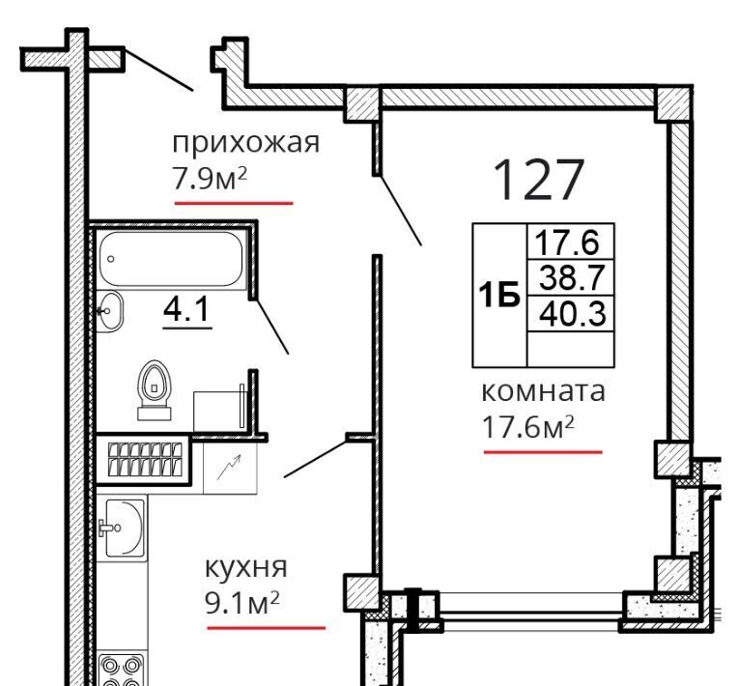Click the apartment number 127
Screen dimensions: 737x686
click(x=539, y=179)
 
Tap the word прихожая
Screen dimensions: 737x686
click(x=245, y=143)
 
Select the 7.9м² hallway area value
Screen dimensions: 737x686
click(x=210, y=178)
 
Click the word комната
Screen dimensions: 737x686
click(x=544, y=391)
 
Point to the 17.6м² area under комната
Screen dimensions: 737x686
click(x=528, y=427)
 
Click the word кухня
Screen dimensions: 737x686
click(x=245, y=569)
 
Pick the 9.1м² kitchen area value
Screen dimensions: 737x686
click(x=242, y=603)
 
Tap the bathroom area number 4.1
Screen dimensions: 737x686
click(x=186, y=309)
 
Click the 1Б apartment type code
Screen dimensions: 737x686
click(x=499, y=296)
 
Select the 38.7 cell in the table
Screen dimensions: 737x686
click(x=571, y=277)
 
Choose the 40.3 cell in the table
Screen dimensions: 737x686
click(x=571, y=314)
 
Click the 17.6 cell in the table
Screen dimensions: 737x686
click(x=571, y=242)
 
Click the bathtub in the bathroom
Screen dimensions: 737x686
click(x=172, y=259)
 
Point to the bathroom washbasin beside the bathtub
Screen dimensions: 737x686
click(x=110, y=311)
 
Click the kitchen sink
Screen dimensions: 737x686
click(x=122, y=528)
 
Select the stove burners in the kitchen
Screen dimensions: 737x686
click(x=122, y=670)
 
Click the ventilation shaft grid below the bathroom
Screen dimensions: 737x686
click(x=145, y=459)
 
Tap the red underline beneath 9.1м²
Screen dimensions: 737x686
click(x=266, y=628)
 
